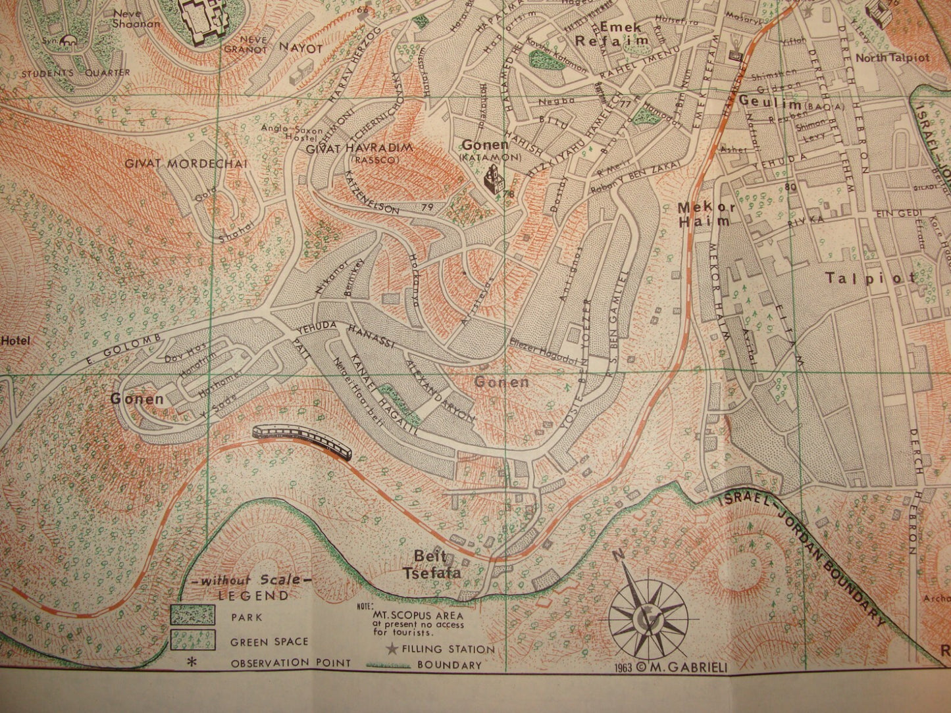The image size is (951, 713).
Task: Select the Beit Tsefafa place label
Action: [x=437, y=564]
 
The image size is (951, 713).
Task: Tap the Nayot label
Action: [x=300, y=48]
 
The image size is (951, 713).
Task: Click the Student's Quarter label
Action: [x=75, y=73]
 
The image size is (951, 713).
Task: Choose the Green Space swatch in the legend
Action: [x=192, y=639]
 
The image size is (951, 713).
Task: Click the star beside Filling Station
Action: [x=392, y=649]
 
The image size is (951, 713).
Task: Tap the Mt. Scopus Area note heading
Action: [x=417, y=616]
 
